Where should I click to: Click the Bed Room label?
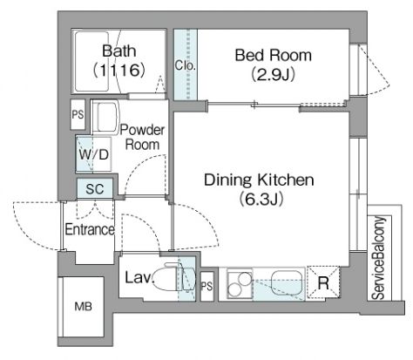[x=274, y=55]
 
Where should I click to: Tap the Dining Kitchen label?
[x=259, y=180]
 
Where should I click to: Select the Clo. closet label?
[x=186, y=65]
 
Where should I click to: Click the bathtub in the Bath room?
[x=91, y=61]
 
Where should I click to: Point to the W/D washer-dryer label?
[x=94, y=154]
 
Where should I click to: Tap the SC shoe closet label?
[x=95, y=189]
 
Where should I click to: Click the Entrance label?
[x=90, y=229]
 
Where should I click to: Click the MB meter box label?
[x=83, y=306]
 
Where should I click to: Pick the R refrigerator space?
[x=323, y=282]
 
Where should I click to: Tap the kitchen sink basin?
[x=287, y=282]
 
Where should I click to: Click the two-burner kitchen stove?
[x=240, y=284]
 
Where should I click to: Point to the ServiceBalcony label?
[x=379, y=258]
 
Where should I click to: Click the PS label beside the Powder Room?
[x=78, y=114]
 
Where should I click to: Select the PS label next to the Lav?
[x=207, y=287]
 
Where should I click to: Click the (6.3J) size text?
[x=261, y=200]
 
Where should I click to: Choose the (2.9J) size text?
[x=273, y=74]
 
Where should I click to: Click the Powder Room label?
[x=142, y=137]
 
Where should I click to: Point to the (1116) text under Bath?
[x=118, y=70]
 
